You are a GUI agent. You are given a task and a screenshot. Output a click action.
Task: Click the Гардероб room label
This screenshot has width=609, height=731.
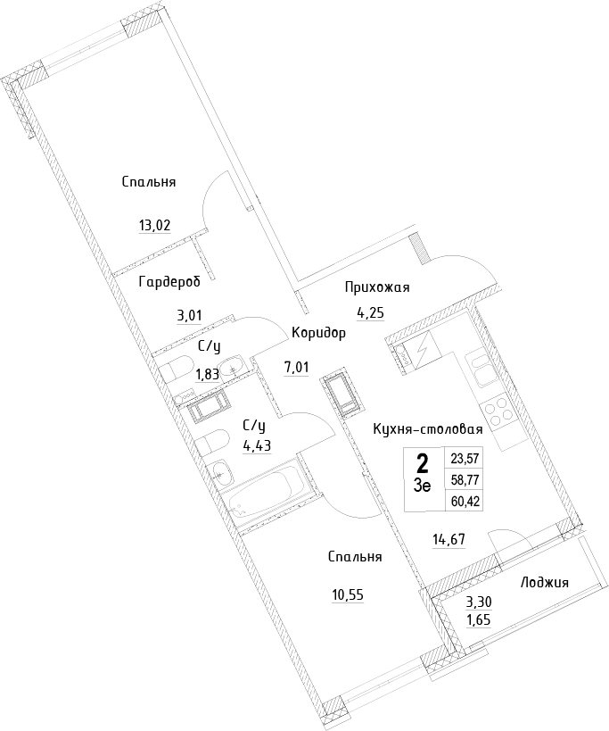[x=169, y=282]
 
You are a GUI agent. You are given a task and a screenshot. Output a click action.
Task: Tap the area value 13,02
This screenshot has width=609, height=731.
[x=154, y=226]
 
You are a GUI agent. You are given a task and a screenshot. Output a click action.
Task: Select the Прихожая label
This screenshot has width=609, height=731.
[x=377, y=287]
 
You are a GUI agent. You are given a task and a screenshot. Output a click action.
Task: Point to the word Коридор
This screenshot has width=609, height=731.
[x=318, y=333]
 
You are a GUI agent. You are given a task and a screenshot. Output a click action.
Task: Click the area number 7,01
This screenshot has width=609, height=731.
[x=296, y=368]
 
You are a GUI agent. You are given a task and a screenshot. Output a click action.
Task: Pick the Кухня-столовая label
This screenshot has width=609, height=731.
[x=428, y=429]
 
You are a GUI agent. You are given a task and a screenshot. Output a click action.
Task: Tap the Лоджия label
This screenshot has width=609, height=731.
[x=544, y=582]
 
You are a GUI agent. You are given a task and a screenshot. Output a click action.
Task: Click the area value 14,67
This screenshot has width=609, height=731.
[x=449, y=539]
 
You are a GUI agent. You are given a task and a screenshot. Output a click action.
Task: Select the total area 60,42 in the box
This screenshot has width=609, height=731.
[x=465, y=502]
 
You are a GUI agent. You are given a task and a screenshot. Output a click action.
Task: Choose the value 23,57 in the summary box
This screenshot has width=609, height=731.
[x=465, y=459]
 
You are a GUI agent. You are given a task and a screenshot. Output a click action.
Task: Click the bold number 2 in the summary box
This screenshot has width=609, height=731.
[x=423, y=464]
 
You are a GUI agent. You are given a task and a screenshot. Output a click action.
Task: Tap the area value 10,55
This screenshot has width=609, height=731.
[x=348, y=595]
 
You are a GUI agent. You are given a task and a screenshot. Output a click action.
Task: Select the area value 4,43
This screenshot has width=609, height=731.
[x=257, y=445]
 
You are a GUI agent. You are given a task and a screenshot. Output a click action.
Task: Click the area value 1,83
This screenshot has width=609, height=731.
[x=207, y=374]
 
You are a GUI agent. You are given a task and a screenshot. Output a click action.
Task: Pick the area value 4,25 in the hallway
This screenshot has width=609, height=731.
[x=371, y=312]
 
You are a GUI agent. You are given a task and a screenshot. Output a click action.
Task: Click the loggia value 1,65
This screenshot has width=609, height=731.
[x=479, y=619]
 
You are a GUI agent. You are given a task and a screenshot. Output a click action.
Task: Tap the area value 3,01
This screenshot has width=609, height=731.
[x=189, y=316]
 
